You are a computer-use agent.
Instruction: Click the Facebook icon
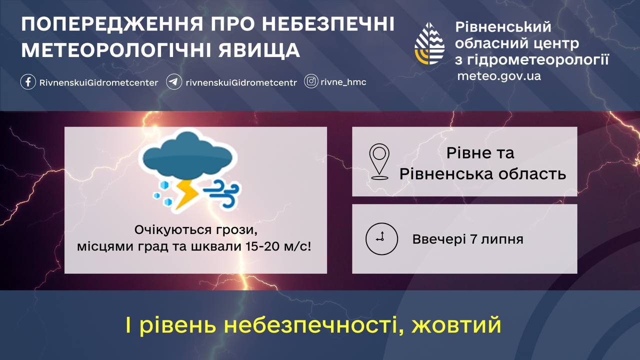point(28,82)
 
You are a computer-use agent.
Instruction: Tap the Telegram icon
point(173,82)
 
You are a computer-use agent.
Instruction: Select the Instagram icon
point(311,81)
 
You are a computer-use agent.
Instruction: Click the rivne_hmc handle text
point(343,82)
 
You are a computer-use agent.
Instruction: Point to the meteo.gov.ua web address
point(499,76)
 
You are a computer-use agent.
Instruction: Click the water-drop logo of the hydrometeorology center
point(429,43)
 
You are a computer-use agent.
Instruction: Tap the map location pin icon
point(379,161)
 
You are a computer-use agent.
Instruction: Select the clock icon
point(381,239)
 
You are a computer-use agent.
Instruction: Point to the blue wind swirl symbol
point(222,193)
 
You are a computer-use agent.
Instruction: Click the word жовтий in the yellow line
point(456,325)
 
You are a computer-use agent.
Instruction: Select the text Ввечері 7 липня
point(467,239)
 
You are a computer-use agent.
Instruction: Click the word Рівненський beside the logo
point(503,27)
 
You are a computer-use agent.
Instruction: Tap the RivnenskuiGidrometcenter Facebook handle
point(98,83)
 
